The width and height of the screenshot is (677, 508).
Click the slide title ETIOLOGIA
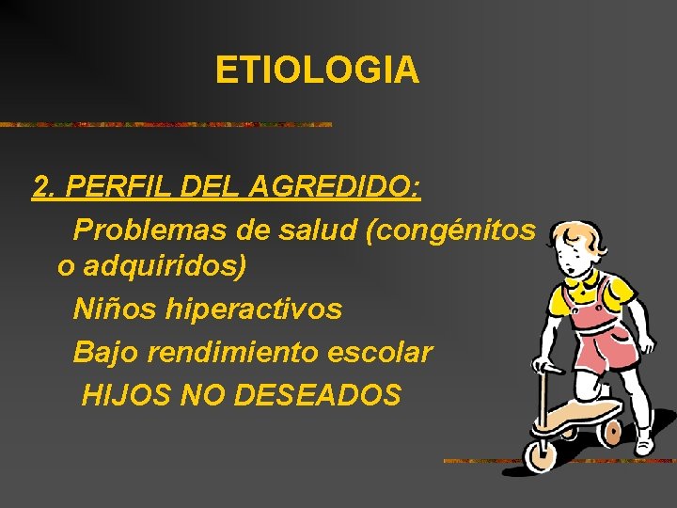coord(317,70)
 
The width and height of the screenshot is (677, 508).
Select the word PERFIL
coord(116,187)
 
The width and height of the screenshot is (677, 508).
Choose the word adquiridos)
coord(165,267)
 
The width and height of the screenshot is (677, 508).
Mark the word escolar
coord(387,352)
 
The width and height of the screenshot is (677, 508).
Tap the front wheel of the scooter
coord(542,453)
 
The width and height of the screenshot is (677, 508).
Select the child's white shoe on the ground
coord(644,438)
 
